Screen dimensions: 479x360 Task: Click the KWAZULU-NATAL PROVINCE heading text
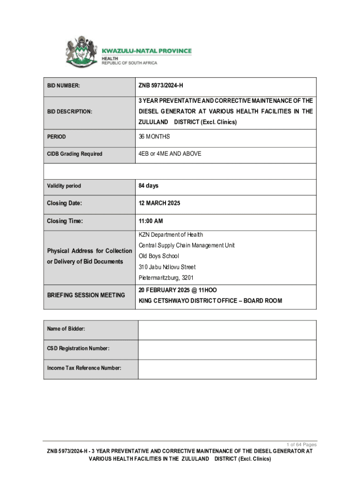click(146, 51)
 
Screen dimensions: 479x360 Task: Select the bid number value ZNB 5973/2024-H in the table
click(161, 86)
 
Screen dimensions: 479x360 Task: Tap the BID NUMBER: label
click(64, 86)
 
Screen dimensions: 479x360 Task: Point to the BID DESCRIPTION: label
click(70, 112)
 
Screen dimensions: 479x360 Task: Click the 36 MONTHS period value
click(154, 137)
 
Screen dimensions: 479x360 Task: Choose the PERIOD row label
click(57, 137)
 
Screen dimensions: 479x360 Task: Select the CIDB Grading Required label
click(75, 154)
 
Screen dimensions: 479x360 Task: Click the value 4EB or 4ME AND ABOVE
click(170, 153)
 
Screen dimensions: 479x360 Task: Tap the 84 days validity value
click(148, 186)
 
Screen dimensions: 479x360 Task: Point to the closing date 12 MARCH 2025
click(159, 203)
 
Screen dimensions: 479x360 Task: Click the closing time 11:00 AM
click(150, 221)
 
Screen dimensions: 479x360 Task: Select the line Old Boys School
click(159, 256)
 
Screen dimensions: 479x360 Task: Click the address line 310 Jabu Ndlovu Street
click(167, 267)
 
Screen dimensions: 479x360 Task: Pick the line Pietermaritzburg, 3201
click(166, 278)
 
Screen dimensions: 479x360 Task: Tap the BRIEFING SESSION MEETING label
click(86, 295)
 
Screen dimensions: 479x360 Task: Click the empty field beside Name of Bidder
click(227, 329)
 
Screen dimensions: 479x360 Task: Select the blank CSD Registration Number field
click(227, 349)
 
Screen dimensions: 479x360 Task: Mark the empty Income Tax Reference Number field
click(227, 369)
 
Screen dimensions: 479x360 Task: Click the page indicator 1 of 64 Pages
click(301, 444)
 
